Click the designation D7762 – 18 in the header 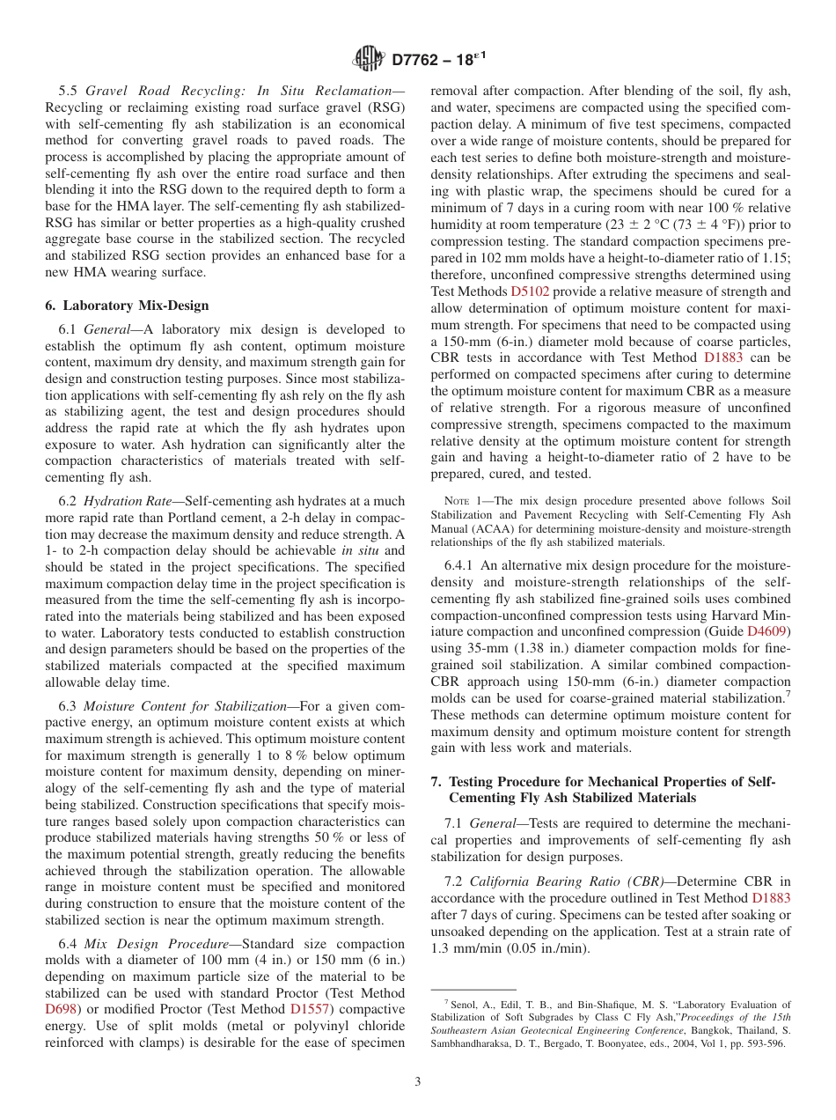pos(437,59)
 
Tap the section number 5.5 pos(69,91)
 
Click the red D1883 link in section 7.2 pos(771,898)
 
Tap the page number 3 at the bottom pos(417,1082)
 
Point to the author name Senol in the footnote pos(466,1004)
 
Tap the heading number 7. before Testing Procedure pos(436,782)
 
